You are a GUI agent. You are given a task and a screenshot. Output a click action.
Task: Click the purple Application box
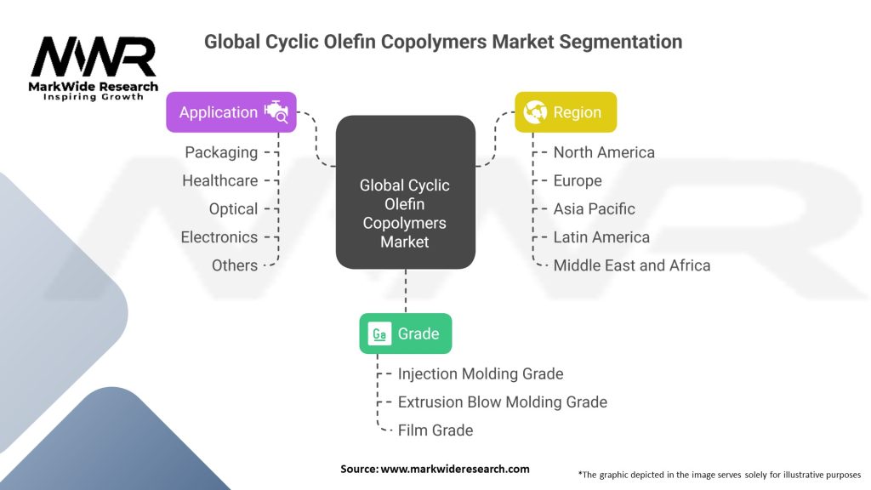(231, 112)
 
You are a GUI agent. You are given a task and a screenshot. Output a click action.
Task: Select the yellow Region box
(566, 112)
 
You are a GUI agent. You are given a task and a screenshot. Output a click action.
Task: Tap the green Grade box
(405, 333)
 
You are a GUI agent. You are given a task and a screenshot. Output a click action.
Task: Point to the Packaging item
(221, 152)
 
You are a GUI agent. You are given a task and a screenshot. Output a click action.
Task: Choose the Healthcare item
(219, 180)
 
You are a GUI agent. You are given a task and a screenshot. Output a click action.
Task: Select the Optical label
(233, 208)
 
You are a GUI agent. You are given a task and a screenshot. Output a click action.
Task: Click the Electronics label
(219, 236)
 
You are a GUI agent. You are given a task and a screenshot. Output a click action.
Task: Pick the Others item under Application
(235, 265)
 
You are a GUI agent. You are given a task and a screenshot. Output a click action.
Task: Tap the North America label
(604, 152)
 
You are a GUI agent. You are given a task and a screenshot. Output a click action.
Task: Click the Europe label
(578, 180)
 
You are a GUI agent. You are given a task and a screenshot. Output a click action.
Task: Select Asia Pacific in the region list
(594, 208)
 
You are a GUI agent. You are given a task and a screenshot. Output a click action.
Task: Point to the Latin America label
(601, 236)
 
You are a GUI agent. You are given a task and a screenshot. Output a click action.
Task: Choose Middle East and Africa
(631, 265)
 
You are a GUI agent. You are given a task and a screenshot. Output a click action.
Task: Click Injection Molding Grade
(481, 373)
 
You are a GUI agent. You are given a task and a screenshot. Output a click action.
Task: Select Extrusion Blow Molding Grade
(502, 402)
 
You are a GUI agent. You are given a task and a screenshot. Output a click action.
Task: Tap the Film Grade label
(435, 430)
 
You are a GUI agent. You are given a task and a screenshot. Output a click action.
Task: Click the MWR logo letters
(94, 58)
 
